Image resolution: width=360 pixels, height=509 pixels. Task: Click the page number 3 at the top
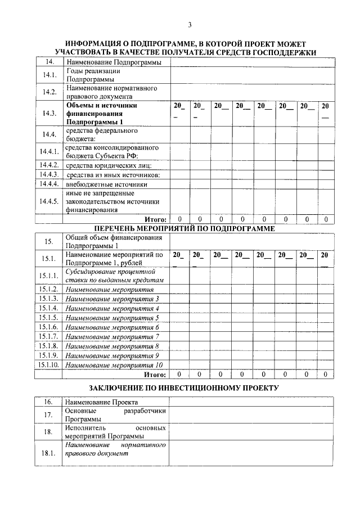coord(190,24)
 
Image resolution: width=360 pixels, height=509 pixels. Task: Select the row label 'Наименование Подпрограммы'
coord(114,62)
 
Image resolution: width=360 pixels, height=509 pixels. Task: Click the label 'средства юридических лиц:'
coord(109,165)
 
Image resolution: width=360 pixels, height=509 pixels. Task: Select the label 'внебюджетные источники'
coord(106,184)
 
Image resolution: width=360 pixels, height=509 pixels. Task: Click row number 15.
coord(49,241)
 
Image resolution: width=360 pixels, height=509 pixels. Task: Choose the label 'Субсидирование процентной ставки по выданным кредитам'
coord(114,275)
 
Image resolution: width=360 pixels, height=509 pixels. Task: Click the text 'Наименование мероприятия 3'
coord(112,299)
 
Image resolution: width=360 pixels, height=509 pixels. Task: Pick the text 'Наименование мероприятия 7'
coord(112,336)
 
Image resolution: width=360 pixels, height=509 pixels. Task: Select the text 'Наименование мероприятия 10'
coord(114,364)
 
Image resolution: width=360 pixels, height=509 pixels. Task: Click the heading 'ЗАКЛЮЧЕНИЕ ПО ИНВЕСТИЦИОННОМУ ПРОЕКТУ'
coord(184,389)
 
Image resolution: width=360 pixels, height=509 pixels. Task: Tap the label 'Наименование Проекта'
coord(102,403)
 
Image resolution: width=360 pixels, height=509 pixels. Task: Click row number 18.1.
coord(49,454)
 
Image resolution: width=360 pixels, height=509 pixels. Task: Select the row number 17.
coord(49,415)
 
